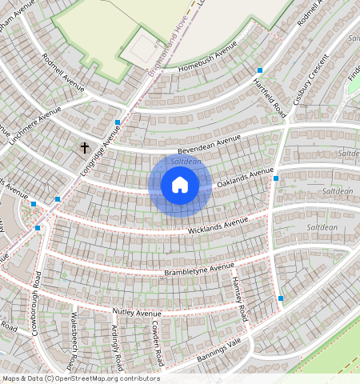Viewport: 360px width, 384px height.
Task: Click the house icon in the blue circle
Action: click(x=180, y=186)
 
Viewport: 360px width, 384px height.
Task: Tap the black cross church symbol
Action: click(x=84, y=147)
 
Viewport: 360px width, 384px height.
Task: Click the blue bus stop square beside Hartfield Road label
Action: click(x=260, y=71)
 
